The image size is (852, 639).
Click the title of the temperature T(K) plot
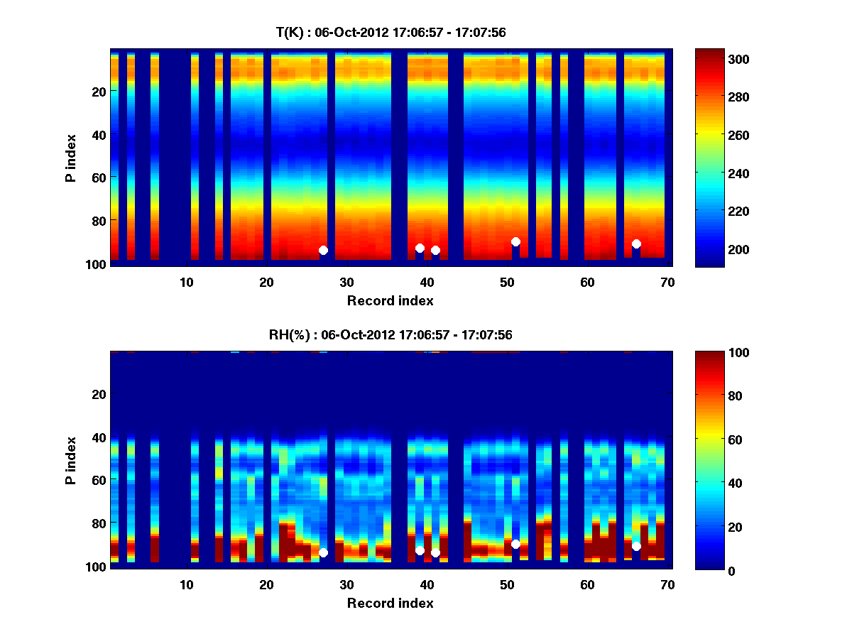click(390, 32)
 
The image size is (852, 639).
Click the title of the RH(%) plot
click(390, 334)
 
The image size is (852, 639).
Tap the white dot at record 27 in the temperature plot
click(323, 250)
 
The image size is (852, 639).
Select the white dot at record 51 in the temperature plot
click(515, 241)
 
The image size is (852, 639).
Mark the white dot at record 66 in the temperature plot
click(636, 244)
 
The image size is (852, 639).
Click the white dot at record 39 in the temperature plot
click(420, 248)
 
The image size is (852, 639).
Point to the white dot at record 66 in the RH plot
click(636, 546)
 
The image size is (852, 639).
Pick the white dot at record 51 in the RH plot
click(515, 544)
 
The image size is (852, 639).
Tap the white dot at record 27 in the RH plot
click(323, 552)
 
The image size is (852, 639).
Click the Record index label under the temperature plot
click(390, 300)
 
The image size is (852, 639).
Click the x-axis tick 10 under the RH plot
click(186, 585)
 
